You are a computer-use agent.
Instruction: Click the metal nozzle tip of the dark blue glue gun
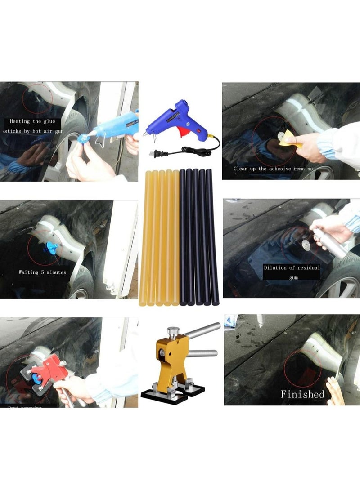[x=145, y=134]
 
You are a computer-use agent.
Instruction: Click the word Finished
[x=302, y=394]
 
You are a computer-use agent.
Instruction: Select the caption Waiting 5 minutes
[x=42, y=272]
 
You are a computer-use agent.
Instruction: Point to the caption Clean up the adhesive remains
[x=273, y=169]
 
